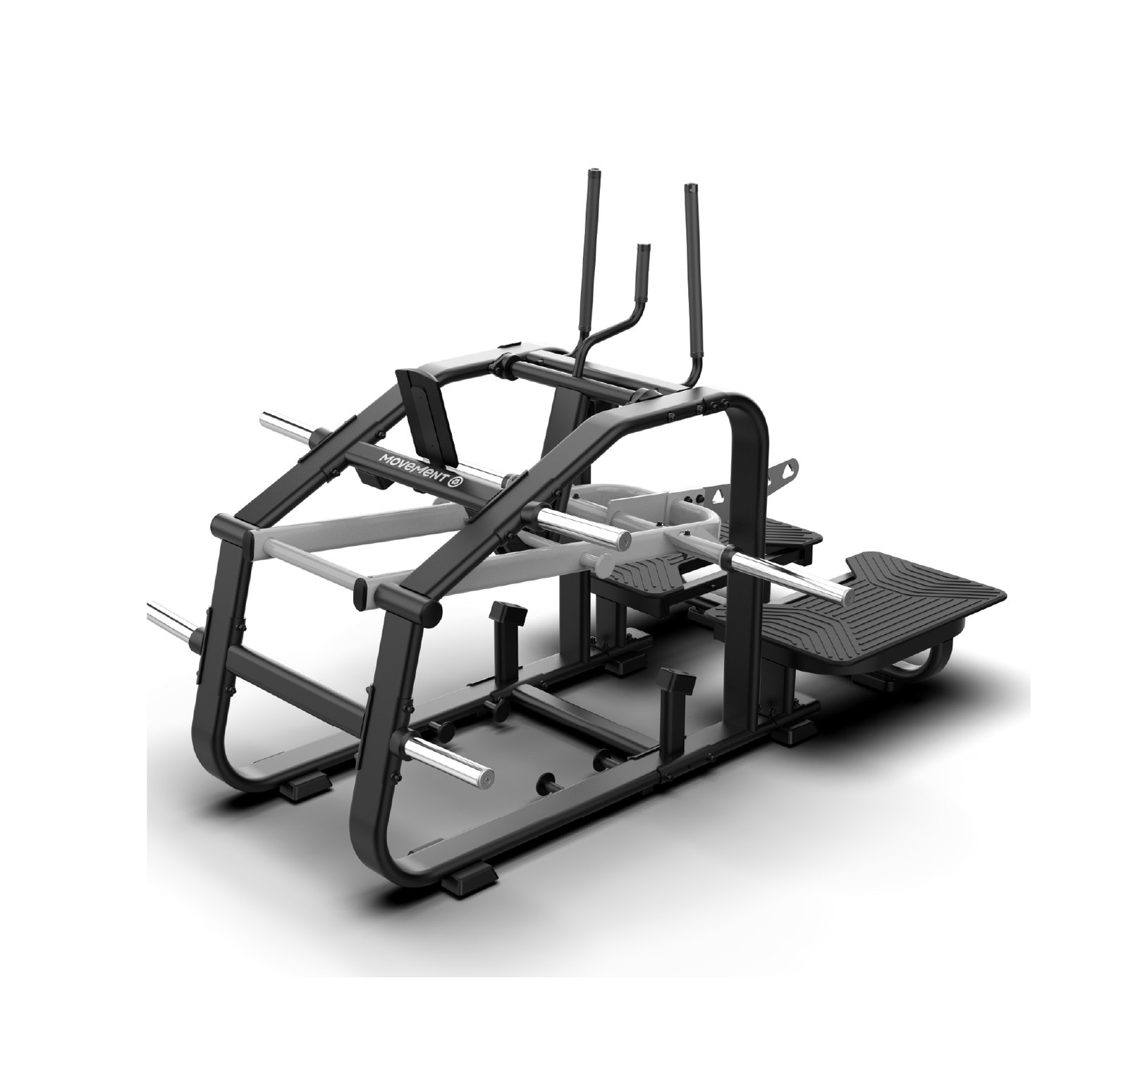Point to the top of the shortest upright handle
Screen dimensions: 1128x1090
click(642, 247)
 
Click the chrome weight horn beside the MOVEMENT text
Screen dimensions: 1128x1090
click(582, 526)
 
